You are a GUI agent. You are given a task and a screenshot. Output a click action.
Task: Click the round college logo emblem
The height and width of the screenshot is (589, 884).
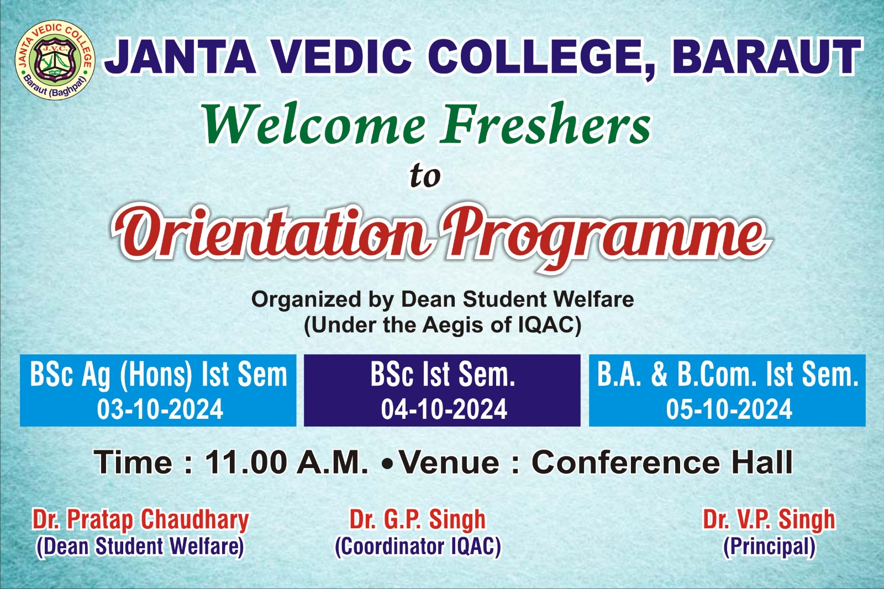click(55, 60)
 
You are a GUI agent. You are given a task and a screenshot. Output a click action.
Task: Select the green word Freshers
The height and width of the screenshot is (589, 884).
click(545, 124)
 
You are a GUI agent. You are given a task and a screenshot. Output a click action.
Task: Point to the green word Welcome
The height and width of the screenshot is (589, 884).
click(314, 125)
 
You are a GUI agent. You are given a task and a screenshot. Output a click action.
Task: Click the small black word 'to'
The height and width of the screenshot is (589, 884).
click(425, 176)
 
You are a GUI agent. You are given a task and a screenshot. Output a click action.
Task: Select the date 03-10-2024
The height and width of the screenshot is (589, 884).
click(160, 409)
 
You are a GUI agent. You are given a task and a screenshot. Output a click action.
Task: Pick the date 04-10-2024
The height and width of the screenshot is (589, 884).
click(444, 409)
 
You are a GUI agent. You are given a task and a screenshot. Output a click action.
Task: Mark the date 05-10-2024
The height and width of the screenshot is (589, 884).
click(729, 409)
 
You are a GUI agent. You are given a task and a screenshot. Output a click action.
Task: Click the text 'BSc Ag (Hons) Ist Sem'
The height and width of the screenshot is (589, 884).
click(158, 375)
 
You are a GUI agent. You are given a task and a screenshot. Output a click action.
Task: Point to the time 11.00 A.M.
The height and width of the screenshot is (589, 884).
click(287, 462)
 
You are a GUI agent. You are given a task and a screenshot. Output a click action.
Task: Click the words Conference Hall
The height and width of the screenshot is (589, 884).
click(662, 462)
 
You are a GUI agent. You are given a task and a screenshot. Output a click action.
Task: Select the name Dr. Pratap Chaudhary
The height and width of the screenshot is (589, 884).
click(141, 520)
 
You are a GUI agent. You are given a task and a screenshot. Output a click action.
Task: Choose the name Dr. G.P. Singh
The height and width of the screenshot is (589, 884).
click(418, 519)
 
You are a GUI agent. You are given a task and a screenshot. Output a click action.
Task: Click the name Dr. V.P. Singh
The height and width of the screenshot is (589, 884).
click(769, 519)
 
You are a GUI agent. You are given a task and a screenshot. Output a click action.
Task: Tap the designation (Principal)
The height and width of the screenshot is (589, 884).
click(769, 547)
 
